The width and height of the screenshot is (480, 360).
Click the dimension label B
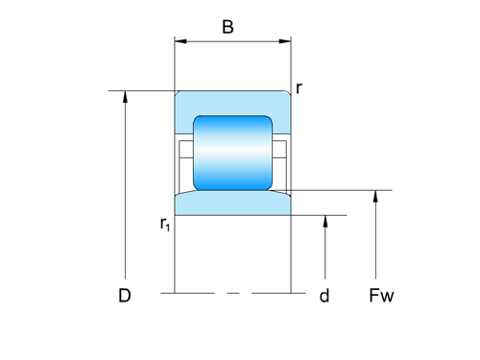[x=228, y=27]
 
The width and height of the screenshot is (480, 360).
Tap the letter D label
[x=125, y=296]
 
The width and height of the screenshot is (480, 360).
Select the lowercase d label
[x=324, y=296]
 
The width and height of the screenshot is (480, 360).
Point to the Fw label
[x=381, y=296]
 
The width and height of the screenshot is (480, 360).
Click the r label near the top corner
[x=299, y=88]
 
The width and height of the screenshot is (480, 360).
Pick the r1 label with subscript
[x=165, y=224]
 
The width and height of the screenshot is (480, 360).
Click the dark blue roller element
[x=232, y=153]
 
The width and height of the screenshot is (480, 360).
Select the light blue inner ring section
[x=232, y=204]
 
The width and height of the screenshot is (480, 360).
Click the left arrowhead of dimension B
[x=180, y=41]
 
